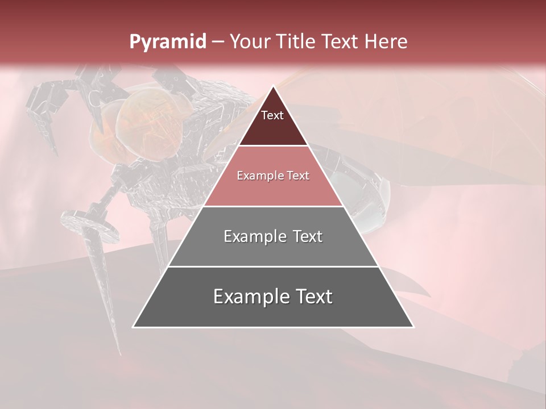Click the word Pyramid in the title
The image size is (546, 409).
pos(168,42)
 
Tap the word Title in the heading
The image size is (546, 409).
pos(296,42)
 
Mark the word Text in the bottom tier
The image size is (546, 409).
pos(312,297)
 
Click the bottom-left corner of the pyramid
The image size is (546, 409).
pos(133,327)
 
